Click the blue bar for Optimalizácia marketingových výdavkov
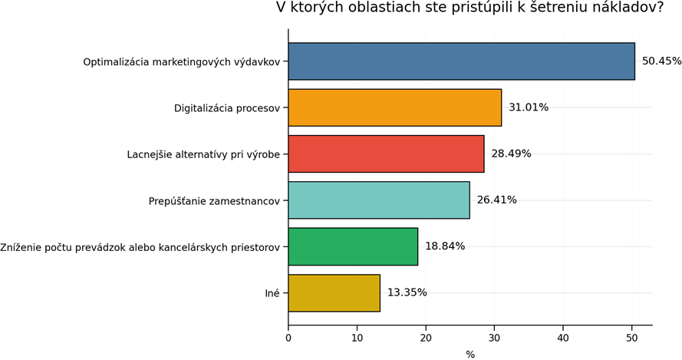(461, 61)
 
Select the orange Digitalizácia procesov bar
(394, 107)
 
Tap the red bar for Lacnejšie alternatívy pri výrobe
(386, 154)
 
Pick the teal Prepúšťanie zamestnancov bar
(379, 200)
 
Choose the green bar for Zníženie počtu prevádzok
(353, 246)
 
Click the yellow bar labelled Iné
(334, 292)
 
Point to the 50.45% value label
(661, 61)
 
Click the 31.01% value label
(529, 107)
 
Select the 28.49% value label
(511, 154)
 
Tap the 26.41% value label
(496, 200)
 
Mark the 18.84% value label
(445, 246)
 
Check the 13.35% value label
(407, 292)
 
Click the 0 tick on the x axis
(288, 337)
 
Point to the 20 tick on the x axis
(426, 337)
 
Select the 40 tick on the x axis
(563, 337)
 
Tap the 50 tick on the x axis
(631, 337)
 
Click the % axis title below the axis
(470, 354)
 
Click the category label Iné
(272, 292)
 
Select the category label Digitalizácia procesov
(228, 107)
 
